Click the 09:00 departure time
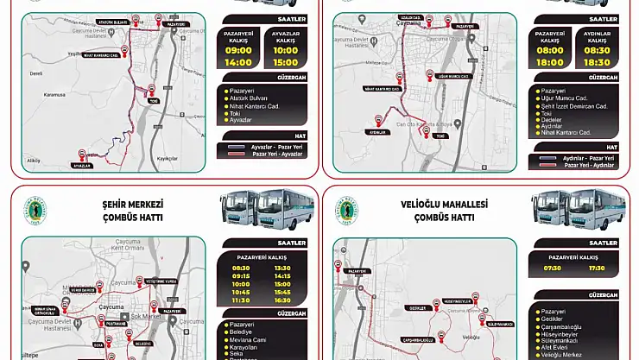(238, 50)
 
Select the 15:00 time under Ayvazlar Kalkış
(285, 62)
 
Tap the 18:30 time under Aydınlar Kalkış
(597, 62)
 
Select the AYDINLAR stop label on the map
(376, 133)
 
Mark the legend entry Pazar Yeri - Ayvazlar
(272, 155)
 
